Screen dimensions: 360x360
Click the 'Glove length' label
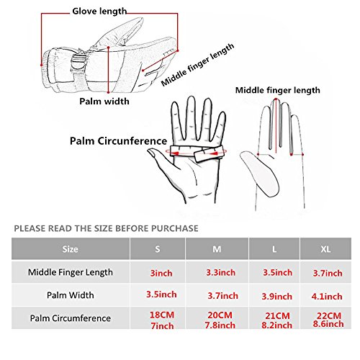pos(99,12)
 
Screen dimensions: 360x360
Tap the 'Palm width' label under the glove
pos(104,102)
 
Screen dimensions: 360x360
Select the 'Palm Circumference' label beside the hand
pos(118,141)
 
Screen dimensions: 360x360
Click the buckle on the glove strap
pos(78,63)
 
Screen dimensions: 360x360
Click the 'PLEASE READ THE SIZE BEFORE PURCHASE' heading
pos(106,228)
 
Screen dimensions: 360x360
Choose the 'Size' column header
pos(70,249)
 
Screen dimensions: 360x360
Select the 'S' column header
pos(158,249)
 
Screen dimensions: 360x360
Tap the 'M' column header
pos(217,249)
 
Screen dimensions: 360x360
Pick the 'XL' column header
pos(325,249)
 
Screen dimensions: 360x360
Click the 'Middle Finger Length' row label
pos(71,272)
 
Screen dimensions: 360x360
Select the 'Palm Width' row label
pos(71,295)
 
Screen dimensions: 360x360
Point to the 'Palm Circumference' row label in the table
pos(71,318)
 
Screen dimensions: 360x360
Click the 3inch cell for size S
pos(161,273)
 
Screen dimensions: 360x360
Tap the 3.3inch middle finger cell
pos(221,273)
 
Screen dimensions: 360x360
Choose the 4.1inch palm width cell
pos(327,297)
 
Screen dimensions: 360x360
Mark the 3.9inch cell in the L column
pos(277,297)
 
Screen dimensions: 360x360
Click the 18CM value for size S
pos(162,315)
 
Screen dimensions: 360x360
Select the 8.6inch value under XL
pos(328,324)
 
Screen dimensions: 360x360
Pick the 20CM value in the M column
pos(220,315)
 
